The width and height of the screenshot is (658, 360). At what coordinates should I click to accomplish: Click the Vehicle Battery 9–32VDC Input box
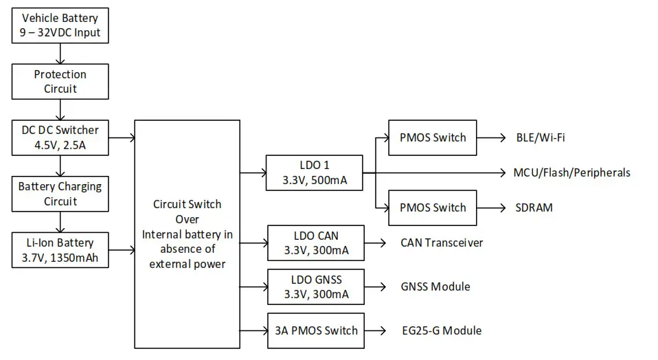click(60, 25)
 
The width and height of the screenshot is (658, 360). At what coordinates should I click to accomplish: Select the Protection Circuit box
click(60, 81)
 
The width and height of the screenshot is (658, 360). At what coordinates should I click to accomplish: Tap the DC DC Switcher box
click(60, 137)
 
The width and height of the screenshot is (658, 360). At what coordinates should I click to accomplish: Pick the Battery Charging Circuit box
click(60, 194)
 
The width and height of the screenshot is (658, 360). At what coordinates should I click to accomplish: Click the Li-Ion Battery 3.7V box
click(60, 250)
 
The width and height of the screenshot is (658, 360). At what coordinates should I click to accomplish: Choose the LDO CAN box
click(316, 243)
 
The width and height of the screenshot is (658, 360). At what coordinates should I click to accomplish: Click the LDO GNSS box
click(316, 286)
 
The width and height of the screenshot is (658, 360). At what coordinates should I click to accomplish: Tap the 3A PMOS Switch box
click(316, 330)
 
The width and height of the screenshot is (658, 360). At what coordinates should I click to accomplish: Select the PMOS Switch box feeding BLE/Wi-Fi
click(433, 137)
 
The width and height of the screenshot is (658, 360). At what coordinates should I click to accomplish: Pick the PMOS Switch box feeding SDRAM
click(433, 207)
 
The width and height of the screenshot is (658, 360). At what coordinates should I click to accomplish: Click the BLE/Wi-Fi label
click(541, 137)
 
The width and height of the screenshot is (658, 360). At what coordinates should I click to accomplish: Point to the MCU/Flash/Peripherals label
click(571, 172)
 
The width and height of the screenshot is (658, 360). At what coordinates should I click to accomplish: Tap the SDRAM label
click(534, 207)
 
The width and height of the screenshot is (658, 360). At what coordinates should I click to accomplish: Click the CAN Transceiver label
click(442, 243)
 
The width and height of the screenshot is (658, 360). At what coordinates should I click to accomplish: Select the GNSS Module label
click(435, 286)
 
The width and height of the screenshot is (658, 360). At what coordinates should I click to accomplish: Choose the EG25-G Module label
click(441, 330)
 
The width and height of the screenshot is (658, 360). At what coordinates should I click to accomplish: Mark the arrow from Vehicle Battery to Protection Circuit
click(60, 53)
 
